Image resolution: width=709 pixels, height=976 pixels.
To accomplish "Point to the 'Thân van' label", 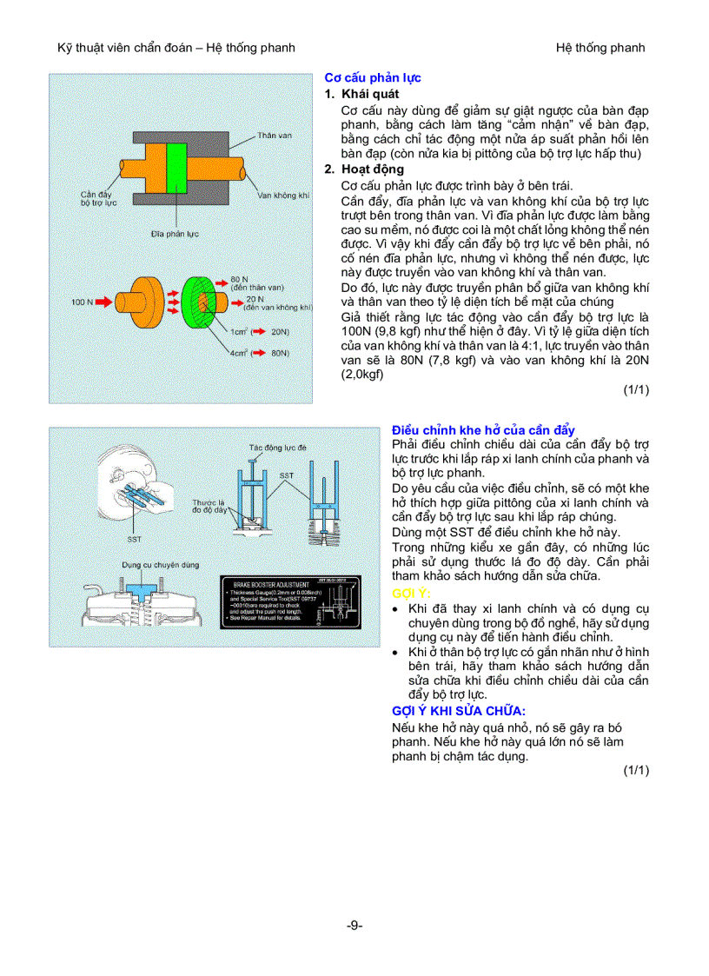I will coord(272,136).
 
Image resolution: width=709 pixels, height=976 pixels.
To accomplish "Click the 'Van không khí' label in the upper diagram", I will coord(283,196).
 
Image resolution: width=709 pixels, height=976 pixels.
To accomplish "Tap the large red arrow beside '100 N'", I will coord(103,302).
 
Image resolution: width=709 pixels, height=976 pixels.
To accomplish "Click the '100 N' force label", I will coord(81,302).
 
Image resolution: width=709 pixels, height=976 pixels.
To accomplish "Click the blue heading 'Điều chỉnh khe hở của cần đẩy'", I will coord(483,430).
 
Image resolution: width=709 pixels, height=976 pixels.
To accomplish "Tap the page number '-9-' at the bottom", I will coord(354,926).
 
